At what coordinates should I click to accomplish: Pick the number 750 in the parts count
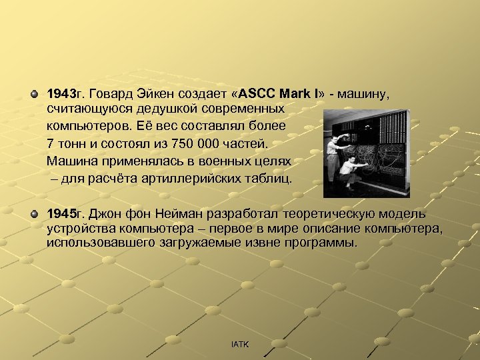coord(185,143)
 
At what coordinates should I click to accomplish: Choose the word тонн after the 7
coord(71,143)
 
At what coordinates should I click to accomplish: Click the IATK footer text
coord(239,344)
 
